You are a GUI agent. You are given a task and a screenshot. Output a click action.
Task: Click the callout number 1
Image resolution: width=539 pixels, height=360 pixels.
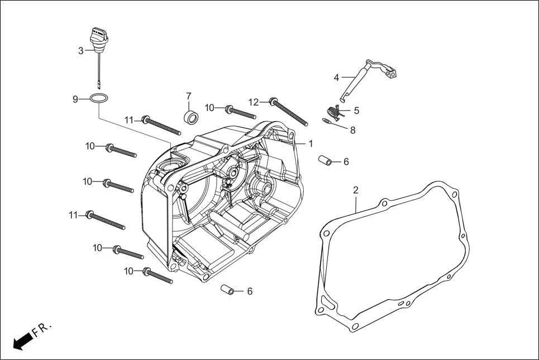click(x=310, y=143)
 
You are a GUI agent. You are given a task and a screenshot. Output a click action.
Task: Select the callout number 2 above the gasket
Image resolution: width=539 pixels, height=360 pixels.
click(x=355, y=190)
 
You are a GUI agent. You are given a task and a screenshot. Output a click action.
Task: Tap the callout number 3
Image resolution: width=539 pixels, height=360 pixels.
click(x=81, y=51)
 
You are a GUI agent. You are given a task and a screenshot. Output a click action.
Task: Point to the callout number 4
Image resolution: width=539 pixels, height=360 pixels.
click(x=336, y=77)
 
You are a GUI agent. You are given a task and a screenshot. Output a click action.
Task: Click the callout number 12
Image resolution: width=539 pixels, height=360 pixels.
click(x=254, y=102)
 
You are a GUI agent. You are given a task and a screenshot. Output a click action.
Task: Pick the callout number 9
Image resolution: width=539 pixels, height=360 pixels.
click(x=75, y=99)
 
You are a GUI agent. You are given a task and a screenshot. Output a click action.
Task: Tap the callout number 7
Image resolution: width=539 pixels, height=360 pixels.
click(x=188, y=96)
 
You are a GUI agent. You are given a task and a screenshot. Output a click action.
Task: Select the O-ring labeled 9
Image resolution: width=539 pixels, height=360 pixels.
click(x=99, y=99)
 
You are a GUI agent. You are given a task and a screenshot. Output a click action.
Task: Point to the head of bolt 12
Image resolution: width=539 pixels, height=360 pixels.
click(x=273, y=102)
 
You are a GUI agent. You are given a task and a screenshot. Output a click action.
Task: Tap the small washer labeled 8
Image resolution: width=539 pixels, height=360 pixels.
click(x=328, y=121)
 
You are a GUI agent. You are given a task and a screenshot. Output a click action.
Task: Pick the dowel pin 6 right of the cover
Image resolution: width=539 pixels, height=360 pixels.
click(x=325, y=160)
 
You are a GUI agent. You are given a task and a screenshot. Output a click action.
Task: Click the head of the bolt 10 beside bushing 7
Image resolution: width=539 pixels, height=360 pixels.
click(x=229, y=107)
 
